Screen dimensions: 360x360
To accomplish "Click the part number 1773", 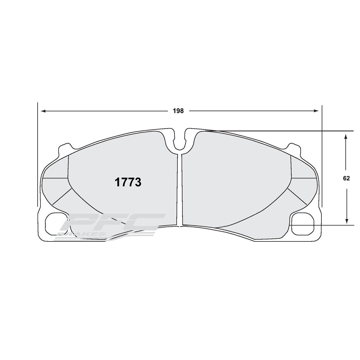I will point(128,182).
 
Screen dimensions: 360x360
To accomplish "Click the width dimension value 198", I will point(178,111).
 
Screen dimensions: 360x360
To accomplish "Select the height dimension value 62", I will point(346,178).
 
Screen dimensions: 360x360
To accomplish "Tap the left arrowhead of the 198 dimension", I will point(43,111).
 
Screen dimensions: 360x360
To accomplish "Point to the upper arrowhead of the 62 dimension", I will point(346,136).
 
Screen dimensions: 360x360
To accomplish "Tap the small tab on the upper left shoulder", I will point(64,148).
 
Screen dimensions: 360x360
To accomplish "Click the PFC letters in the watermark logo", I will point(114,223).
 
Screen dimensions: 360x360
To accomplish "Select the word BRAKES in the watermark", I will point(81,234).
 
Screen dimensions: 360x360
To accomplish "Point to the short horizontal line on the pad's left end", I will point(55,178).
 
